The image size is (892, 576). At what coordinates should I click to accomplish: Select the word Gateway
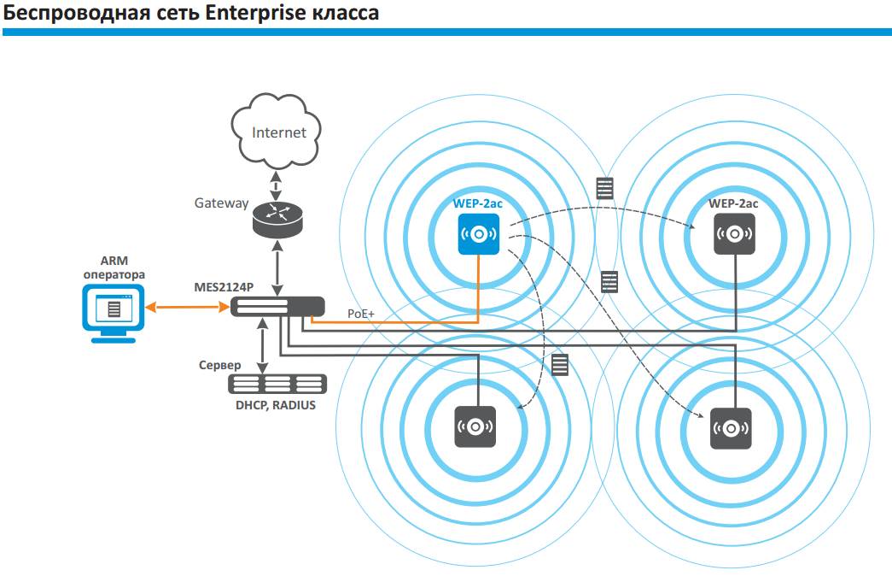(x=221, y=203)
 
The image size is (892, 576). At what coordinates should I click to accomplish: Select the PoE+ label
(x=361, y=314)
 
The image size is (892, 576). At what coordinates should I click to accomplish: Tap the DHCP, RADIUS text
(x=276, y=405)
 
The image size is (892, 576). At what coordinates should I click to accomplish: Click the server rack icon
(x=278, y=384)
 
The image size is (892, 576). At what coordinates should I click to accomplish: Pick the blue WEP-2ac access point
(x=478, y=233)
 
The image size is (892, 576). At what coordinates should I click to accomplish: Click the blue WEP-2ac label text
(x=478, y=203)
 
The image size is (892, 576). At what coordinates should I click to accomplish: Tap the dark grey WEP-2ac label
(x=733, y=203)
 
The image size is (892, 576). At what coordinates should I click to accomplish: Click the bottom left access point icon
(x=476, y=425)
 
